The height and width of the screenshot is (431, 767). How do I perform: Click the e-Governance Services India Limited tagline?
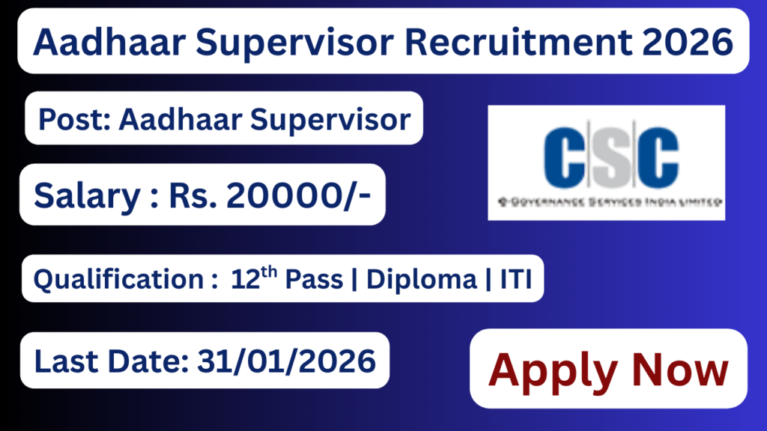click(x=606, y=201)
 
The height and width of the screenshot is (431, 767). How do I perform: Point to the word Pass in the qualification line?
click(x=314, y=280)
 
